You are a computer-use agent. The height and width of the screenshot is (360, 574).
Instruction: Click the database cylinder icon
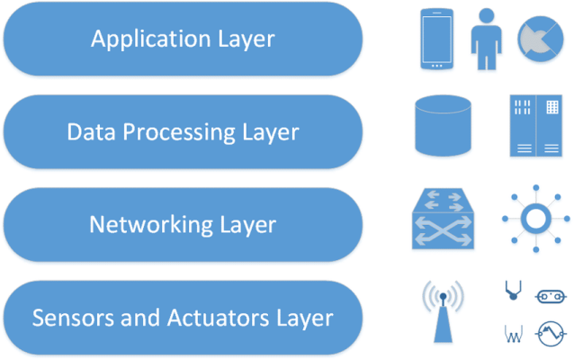click(x=444, y=127)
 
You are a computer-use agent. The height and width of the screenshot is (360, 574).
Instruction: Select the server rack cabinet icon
click(x=535, y=126)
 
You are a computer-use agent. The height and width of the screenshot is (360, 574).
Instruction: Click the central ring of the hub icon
click(x=536, y=220)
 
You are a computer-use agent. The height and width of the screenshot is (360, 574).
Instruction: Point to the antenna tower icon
click(x=444, y=311)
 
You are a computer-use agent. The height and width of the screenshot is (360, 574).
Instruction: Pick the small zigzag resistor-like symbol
click(x=511, y=335)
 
